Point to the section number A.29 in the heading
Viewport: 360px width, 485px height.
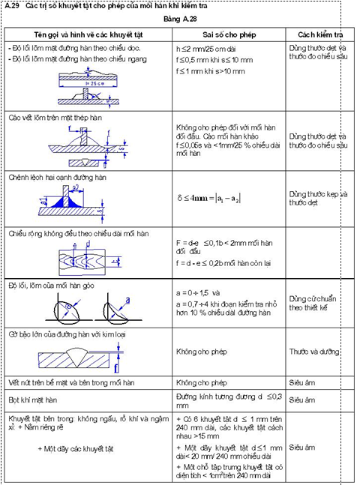(x=12, y=6)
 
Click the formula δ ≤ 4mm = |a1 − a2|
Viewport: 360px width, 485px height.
(x=217, y=196)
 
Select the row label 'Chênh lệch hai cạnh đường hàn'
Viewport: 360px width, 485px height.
(x=55, y=178)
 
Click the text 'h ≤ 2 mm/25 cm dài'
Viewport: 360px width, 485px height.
(x=206, y=47)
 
